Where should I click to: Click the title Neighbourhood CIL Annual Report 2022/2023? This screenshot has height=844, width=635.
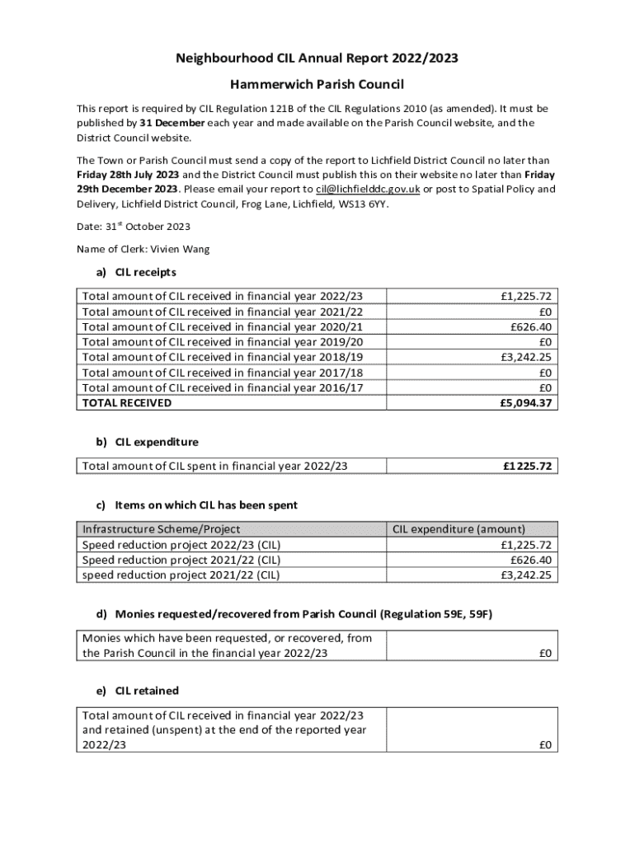pyautogui.click(x=317, y=59)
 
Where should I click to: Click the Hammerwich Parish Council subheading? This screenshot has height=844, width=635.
pyautogui.click(x=317, y=85)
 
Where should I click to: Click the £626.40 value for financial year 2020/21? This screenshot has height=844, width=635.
pyautogui.click(x=532, y=327)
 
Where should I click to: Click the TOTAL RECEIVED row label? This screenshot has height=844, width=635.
pyautogui.click(x=127, y=403)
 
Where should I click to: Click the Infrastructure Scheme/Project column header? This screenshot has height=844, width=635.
pyautogui.click(x=162, y=529)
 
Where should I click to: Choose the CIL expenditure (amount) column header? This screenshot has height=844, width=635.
pyautogui.click(x=459, y=529)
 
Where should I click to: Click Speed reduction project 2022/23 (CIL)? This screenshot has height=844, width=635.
pyautogui.click(x=181, y=545)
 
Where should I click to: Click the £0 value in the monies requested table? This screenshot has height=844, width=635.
pyautogui.click(x=545, y=654)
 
